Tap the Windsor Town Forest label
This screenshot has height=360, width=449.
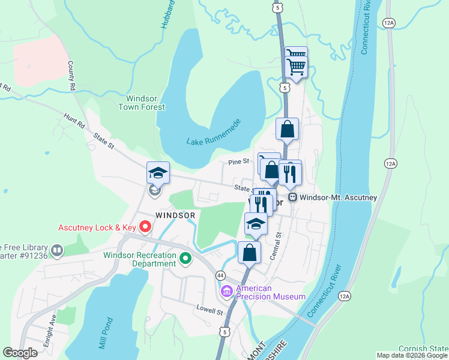pyautogui.click(x=145, y=103)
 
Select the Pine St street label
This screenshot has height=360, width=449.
pyautogui.click(x=238, y=162)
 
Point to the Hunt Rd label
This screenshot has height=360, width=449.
pyautogui.click(x=76, y=122)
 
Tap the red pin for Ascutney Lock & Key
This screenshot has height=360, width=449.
pyautogui.click(x=145, y=227)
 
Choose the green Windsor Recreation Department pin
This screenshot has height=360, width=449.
pyautogui.click(x=185, y=259)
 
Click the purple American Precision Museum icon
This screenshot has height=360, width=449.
pyautogui.click(x=227, y=292)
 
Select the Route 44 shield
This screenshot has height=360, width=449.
pyautogui.click(x=221, y=275)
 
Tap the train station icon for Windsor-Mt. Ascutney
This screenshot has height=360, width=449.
pyautogui.click(x=293, y=197)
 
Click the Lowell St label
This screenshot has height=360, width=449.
pyautogui.click(x=209, y=312)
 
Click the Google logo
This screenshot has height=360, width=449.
pyautogui.click(x=20, y=353)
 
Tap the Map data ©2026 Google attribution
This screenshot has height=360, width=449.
pyautogui.click(x=411, y=355)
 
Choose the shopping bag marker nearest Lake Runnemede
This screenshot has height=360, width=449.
pyautogui.click(x=288, y=129)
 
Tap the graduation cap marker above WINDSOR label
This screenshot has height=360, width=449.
pyautogui.click(x=158, y=173)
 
